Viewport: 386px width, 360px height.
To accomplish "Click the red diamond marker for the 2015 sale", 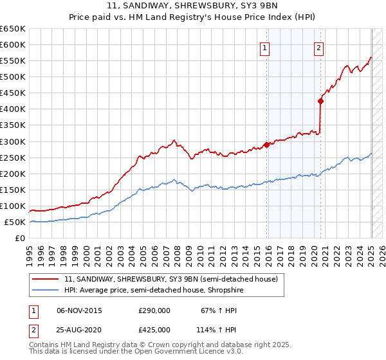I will coord(266,145).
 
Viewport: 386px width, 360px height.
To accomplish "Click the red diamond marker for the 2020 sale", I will coord(320,101).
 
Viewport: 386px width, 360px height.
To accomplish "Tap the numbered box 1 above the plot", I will coord(265,47).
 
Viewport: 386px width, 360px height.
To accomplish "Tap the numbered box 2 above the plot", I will coord(319,47).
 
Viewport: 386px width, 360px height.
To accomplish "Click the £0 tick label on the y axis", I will coord(20,238).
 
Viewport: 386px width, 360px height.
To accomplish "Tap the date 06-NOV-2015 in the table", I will coord(79,311).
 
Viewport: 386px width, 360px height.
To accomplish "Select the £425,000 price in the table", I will coord(154,330).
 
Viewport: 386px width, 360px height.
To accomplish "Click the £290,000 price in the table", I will coord(154,311).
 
